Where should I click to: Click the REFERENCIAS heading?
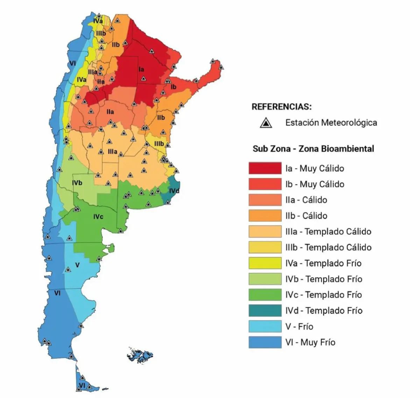tap(281, 106)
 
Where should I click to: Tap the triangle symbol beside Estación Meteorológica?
tap(266, 123)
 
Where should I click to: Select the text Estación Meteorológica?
tap(331, 123)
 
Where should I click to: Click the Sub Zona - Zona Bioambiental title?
tap(313, 149)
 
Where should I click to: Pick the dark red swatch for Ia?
tap(265, 168)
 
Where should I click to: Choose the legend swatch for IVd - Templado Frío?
tap(265, 310)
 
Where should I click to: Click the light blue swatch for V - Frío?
tap(265, 326)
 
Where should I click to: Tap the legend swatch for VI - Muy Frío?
tap(265, 342)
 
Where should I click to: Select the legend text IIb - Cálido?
tap(306, 216)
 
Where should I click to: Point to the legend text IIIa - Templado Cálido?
tap(328, 231)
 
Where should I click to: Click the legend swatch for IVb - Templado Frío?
tap(265, 279)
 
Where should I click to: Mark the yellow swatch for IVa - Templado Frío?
tap(265, 263)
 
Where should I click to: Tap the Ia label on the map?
tap(141, 69)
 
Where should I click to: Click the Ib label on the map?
tap(173, 87)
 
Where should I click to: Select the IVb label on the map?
tap(77, 183)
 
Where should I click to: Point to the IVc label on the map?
tap(98, 217)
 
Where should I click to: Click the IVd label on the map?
tap(174, 191)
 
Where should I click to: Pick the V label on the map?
tap(77, 265)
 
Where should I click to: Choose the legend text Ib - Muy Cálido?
tap(315, 184)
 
